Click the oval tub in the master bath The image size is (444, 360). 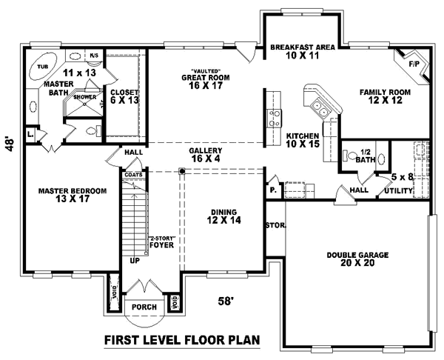(43, 67)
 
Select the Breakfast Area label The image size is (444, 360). (303, 51)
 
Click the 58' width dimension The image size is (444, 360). (226, 301)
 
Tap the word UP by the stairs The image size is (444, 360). (134, 261)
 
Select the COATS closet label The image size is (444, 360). (133, 175)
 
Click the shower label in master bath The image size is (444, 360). (84, 97)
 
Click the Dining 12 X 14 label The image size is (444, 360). (224, 216)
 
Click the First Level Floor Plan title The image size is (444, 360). (181, 340)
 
